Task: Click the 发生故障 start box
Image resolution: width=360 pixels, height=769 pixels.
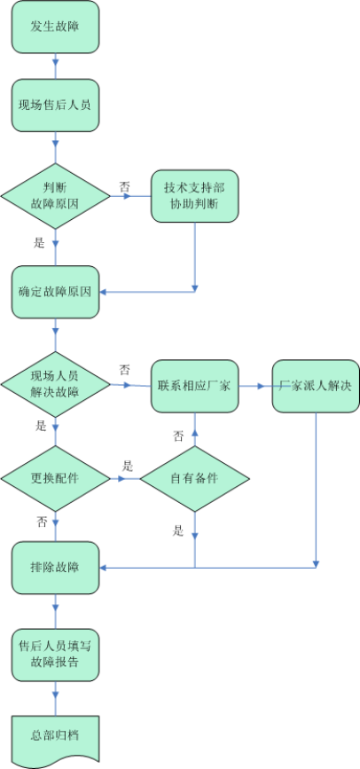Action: (55, 27)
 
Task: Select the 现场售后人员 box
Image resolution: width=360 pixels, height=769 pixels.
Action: (55, 105)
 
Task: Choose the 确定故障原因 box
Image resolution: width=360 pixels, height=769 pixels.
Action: (55, 291)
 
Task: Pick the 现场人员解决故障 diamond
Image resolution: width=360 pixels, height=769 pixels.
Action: (55, 384)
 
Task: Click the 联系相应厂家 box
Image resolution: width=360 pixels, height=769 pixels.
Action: (194, 385)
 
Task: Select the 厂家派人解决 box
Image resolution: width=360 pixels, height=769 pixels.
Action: (316, 385)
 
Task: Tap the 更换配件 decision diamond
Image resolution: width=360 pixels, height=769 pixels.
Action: (55, 478)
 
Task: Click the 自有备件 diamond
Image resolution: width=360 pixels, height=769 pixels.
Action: (194, 478)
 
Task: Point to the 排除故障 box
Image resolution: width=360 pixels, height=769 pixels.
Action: (55, 567)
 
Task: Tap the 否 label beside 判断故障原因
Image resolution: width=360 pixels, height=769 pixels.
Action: (124, 187)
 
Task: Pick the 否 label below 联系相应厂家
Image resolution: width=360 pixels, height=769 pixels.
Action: (178, 436)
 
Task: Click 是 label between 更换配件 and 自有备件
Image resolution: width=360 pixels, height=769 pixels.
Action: (127, 467)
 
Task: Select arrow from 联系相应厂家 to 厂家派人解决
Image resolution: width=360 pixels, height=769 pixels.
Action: (255, 386)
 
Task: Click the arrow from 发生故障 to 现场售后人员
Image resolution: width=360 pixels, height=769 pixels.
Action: (55, 66)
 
